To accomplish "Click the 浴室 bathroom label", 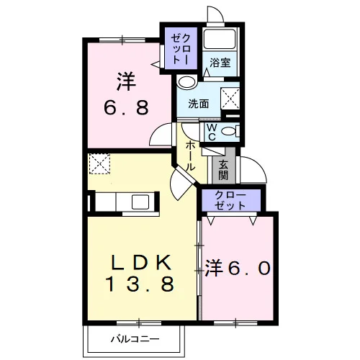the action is pos(220,63).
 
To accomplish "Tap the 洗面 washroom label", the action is pos(198,104).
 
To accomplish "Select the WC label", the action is pos(212,132).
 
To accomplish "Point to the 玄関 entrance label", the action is pos(223,169).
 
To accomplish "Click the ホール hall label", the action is pos(190,156).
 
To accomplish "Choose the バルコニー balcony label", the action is pos(135,339).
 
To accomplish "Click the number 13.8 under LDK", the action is pos(140,284).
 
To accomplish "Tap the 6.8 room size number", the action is pos(127,107).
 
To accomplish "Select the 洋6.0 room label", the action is pos(238,269).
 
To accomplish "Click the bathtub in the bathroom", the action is pos(220,39).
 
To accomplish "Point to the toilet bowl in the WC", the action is pos(230,131).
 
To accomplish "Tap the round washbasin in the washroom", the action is pos(186,82).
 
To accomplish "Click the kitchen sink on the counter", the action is pos(140,202).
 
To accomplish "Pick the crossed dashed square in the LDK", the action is pos(99,163).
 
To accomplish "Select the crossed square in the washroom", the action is pos(230,99).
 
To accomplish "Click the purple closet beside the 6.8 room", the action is pos(181,49).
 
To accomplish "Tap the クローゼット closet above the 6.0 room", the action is pos(231,200).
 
